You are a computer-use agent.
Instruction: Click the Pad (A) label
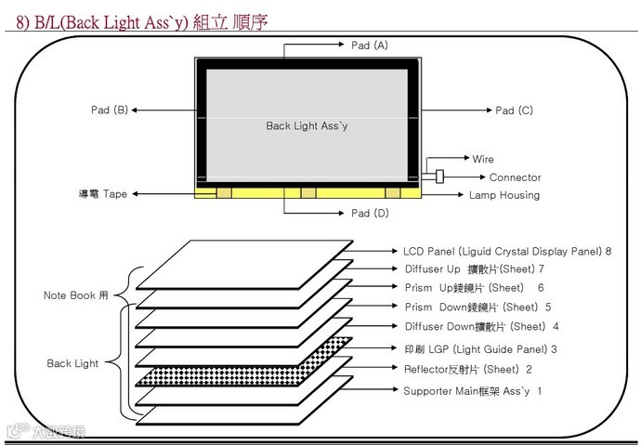tap(370, 45)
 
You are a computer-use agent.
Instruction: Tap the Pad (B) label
tap(109, 111)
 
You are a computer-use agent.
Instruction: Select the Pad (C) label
tap(514, 111)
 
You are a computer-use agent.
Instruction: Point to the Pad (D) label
tap(370, 214)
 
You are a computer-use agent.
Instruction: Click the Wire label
tap(483, 159)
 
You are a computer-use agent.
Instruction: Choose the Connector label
tap(515, 177)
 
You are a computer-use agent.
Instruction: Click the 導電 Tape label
tap(102, 195)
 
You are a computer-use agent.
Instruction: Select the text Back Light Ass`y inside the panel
tap(307, 125)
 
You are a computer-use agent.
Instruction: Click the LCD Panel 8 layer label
tap(507, 251)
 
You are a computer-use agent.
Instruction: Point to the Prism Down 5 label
tap(477, 307)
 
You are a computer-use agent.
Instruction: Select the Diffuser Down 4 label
tap(481, 326)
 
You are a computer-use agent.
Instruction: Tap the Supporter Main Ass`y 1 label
tap(472, 391)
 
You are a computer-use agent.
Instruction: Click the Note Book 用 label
tap(76, 295)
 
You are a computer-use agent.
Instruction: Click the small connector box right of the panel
tap(438, 177)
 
